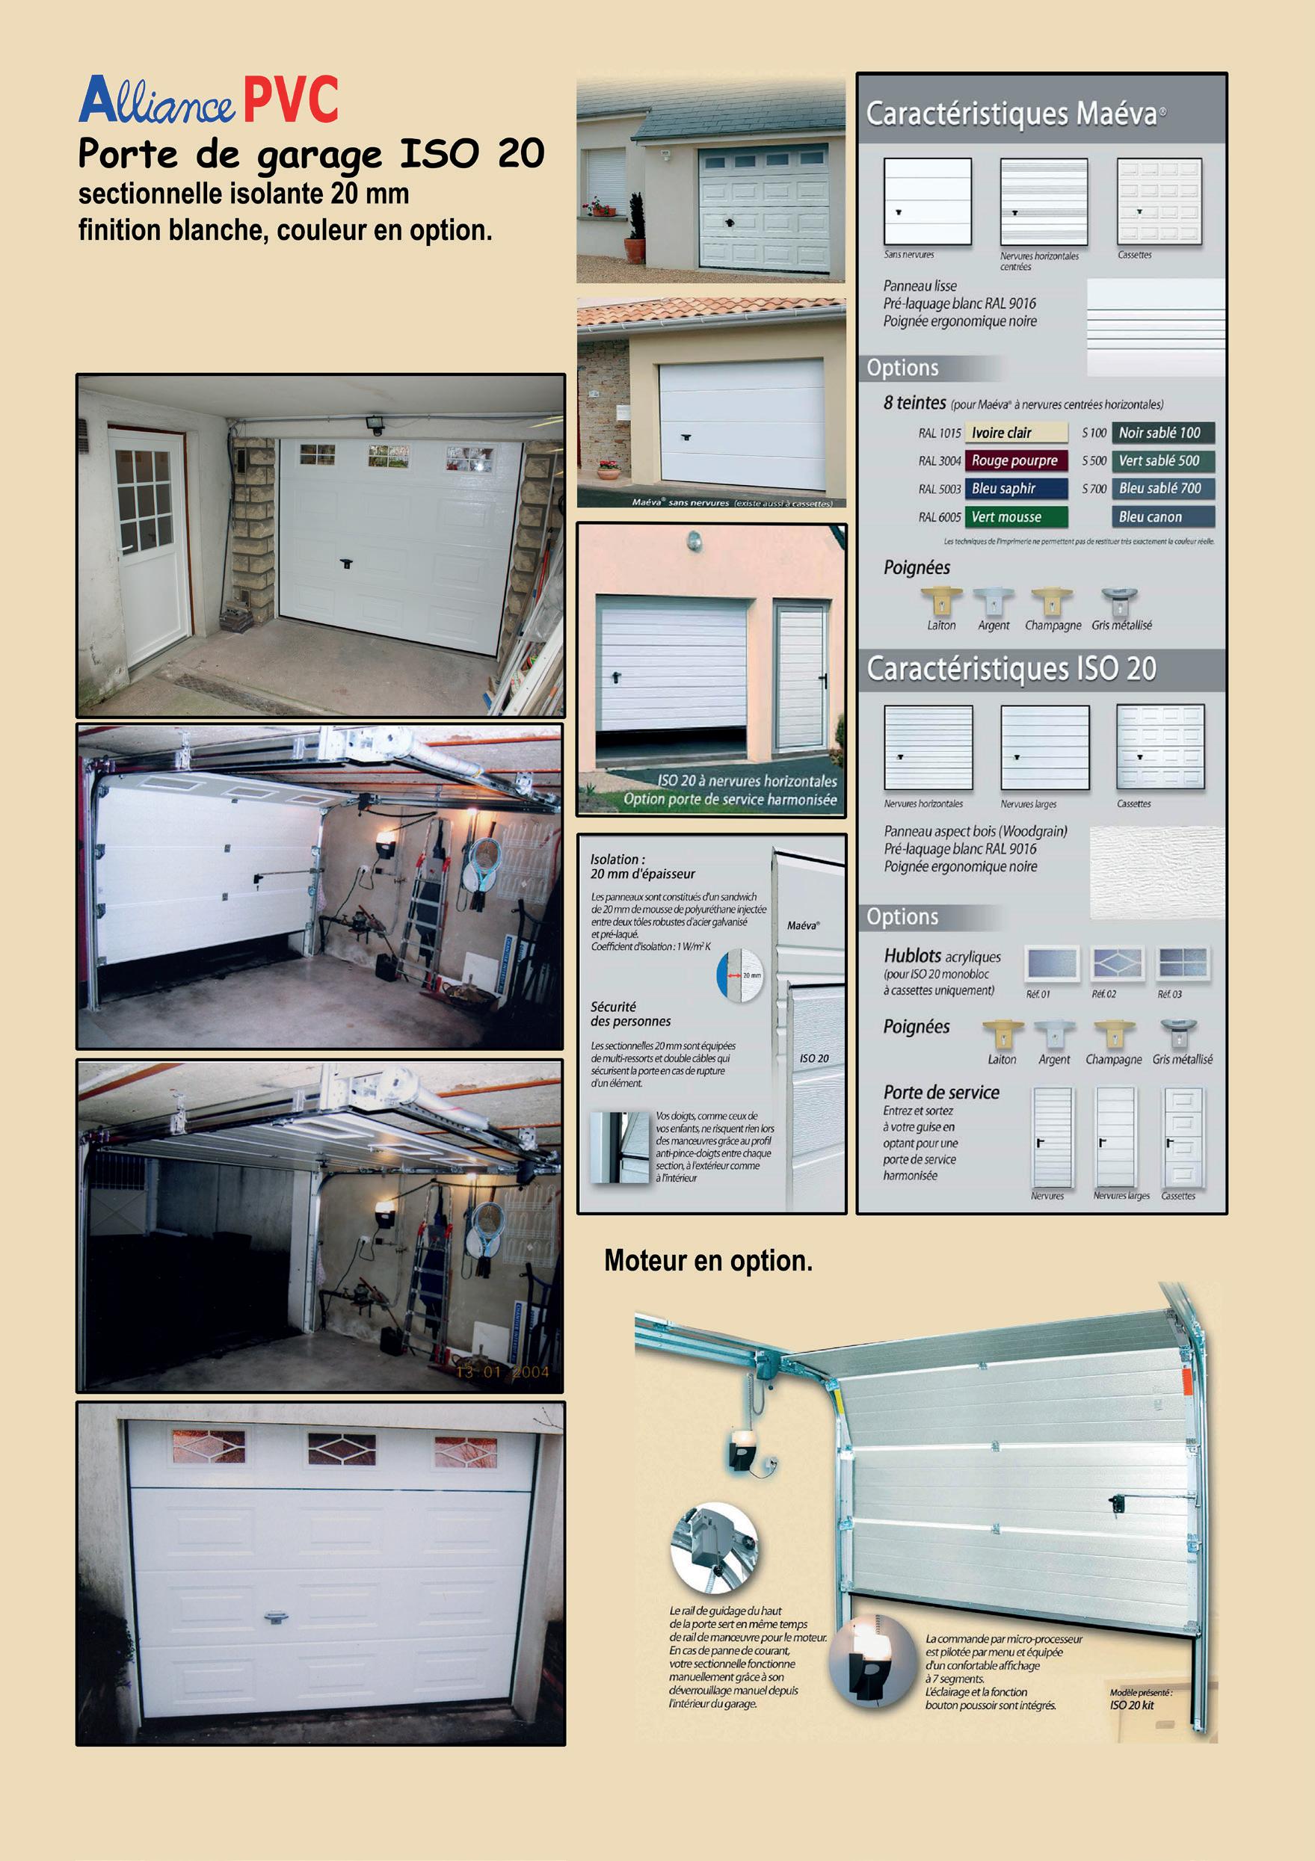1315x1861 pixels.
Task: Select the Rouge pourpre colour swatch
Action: pos(1015,460)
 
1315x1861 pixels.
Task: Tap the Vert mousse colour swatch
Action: pos(1015,516)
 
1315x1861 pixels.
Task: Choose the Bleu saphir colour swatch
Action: pos(1015,488)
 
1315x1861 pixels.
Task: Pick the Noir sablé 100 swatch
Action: pos(1162,433)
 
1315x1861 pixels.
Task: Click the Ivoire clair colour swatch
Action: pos(1015,433)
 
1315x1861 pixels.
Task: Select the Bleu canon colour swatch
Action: pos(1162,516)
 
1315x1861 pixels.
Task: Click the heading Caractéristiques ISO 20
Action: pos(1011,669)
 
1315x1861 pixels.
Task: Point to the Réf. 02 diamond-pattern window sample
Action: pos(1116,963)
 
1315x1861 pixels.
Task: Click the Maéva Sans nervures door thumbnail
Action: pos(927,201)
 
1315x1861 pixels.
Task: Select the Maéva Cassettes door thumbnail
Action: pos(1159,201)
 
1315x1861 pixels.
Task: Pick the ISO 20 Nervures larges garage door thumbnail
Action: pos(1044,747)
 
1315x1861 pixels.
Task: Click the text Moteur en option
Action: pos(708,1261)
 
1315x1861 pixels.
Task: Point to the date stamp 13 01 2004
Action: pos(502,1372)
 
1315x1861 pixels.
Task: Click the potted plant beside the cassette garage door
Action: pos(635,230)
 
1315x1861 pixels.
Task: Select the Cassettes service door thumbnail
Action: pos(1183,1138)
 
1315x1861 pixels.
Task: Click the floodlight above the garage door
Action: pos(374,423)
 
